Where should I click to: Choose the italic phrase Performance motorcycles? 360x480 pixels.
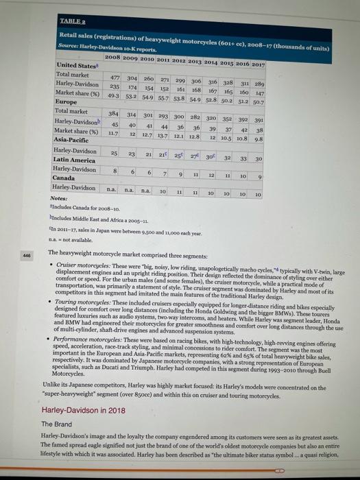(92, 341)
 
